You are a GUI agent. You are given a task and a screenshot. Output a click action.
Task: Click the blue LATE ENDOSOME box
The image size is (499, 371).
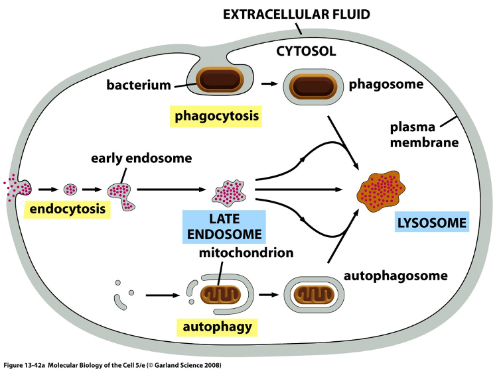[224, 226]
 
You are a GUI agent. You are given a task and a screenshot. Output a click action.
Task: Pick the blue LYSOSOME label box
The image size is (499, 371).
[432, 222]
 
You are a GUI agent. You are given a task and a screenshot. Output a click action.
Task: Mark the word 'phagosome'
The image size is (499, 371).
[386, 84]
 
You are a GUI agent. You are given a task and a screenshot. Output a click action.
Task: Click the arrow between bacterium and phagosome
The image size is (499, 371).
[268, 84]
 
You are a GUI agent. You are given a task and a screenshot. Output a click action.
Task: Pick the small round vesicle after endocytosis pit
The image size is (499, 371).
[70, 190]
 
